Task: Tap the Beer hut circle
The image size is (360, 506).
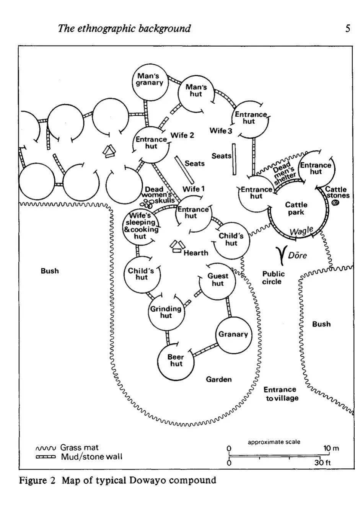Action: tap(176, 360)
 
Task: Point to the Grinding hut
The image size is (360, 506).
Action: tap(166, 312)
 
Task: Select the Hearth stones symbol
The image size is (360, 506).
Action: tap(176, 246)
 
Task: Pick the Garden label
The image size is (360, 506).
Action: tap(219, 379)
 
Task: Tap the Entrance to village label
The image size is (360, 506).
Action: tap(280, 394)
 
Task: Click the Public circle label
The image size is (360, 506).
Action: tap(273, 277)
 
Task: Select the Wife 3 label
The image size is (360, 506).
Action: tap(221, 131)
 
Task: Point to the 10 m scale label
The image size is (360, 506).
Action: tap(331, 448)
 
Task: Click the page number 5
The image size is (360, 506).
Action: tap(347, 28)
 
